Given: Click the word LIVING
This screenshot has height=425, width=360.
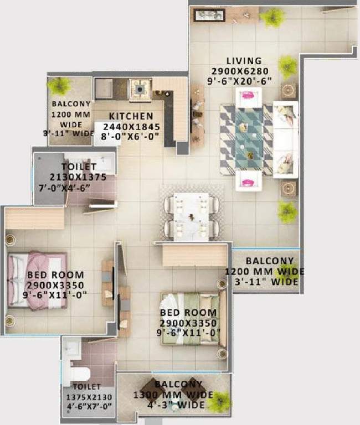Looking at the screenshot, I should click(244, 60).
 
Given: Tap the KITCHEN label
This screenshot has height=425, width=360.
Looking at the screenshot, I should click(131, 116).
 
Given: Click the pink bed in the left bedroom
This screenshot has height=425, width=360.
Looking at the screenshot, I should click(37, 280).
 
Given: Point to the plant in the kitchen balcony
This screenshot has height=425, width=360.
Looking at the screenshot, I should click(59, 86).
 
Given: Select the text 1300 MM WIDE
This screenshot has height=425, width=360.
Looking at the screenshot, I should click(173, 395).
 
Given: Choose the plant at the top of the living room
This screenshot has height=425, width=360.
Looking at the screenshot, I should click(272, 17).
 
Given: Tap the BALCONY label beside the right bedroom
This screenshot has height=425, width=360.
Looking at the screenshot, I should click(269, 261).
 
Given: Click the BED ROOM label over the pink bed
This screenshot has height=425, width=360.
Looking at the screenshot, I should click(55, 275).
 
